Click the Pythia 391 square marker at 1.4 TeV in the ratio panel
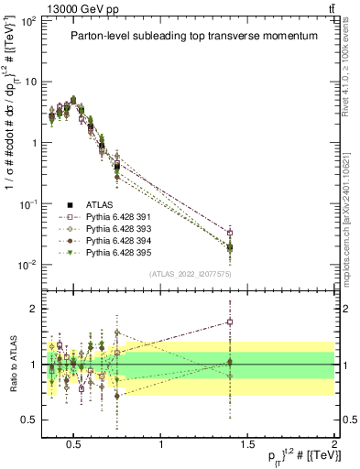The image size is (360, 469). (230, 322)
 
